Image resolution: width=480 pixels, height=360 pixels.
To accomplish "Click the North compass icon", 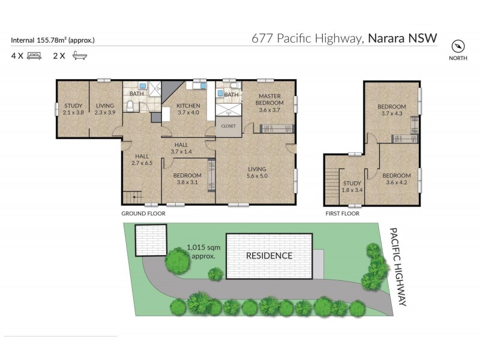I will coord(458,47).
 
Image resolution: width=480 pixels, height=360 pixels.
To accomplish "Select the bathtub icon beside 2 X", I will coord(78,56).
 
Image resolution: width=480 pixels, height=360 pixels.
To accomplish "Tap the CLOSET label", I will coord(229,126).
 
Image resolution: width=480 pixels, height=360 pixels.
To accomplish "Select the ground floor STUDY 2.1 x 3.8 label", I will coord(73,109).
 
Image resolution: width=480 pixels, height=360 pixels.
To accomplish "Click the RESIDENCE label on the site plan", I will coord(269,256).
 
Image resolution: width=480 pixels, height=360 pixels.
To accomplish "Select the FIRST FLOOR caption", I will coord(342,213).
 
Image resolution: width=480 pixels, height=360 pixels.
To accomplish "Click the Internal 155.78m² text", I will coord(53,40).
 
